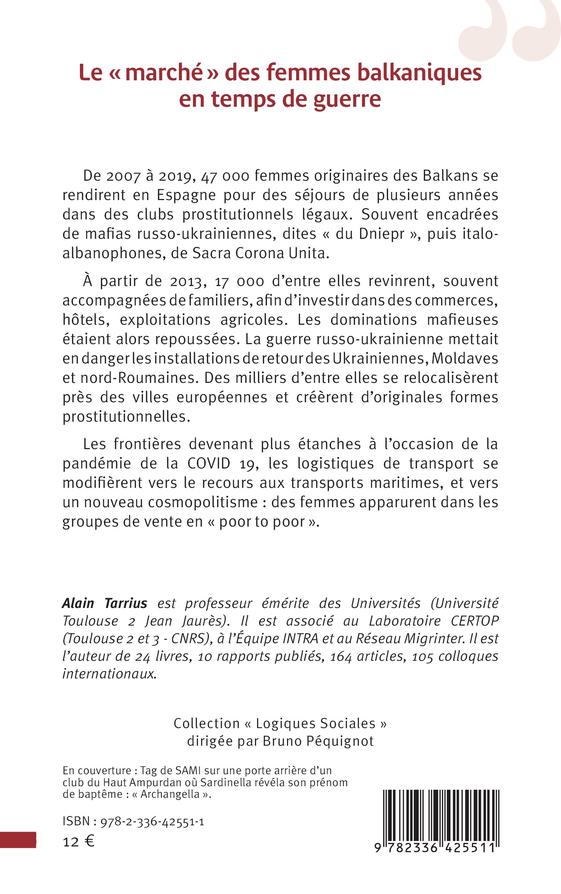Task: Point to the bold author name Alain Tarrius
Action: [x=104, y=603]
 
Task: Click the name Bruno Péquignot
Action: [x=318, y=741]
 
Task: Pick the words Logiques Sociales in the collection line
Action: [x=316, y=723]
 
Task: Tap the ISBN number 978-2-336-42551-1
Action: [x=152, y=822]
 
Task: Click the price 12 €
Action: [x=78, y=842]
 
